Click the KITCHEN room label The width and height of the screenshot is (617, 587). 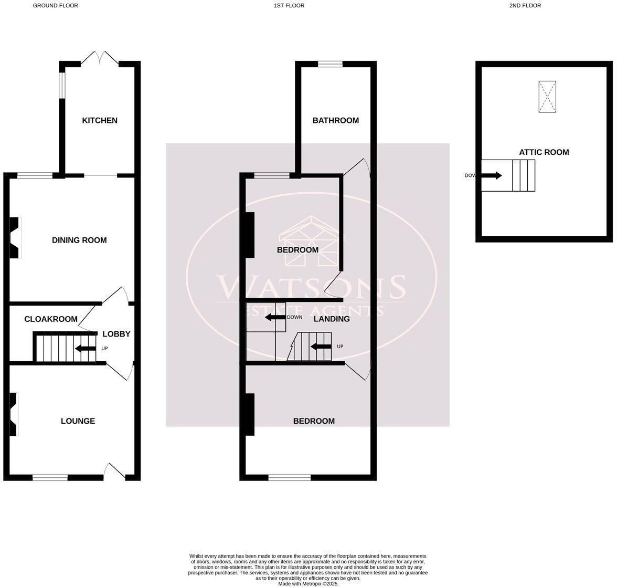[100, 120]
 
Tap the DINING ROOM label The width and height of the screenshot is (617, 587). [79, 240]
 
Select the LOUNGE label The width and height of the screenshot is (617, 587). [78, 421]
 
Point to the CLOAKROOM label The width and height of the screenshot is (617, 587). [51, 319]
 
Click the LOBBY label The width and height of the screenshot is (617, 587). [116, 334]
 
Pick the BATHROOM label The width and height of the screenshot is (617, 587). [335, 120]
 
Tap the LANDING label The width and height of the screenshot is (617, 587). [332, 319]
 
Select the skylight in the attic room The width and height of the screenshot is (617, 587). [547, 97]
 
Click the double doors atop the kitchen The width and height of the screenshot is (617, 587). [100, 57]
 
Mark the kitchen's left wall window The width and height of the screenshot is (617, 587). [61, 85]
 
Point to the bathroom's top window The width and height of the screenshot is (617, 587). [330, 64]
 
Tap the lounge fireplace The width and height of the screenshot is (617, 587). [14, 414]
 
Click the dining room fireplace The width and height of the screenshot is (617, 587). [15, 238]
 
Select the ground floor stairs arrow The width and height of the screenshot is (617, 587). [84, 348]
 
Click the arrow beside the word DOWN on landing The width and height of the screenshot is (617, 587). [273, 317]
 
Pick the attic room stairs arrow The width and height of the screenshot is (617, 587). [492, 175]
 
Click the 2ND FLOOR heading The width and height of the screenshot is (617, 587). [525, 6]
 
